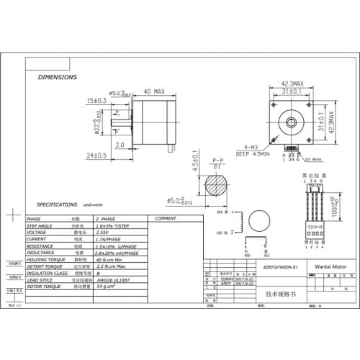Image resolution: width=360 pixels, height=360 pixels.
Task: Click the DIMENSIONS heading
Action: (x=57, y=76)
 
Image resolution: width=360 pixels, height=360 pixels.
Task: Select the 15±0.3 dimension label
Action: (x=96, y=100)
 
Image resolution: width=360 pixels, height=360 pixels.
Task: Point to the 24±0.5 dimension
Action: (x=95, y=155)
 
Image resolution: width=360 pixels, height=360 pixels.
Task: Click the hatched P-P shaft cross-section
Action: (x=215, y=184)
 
